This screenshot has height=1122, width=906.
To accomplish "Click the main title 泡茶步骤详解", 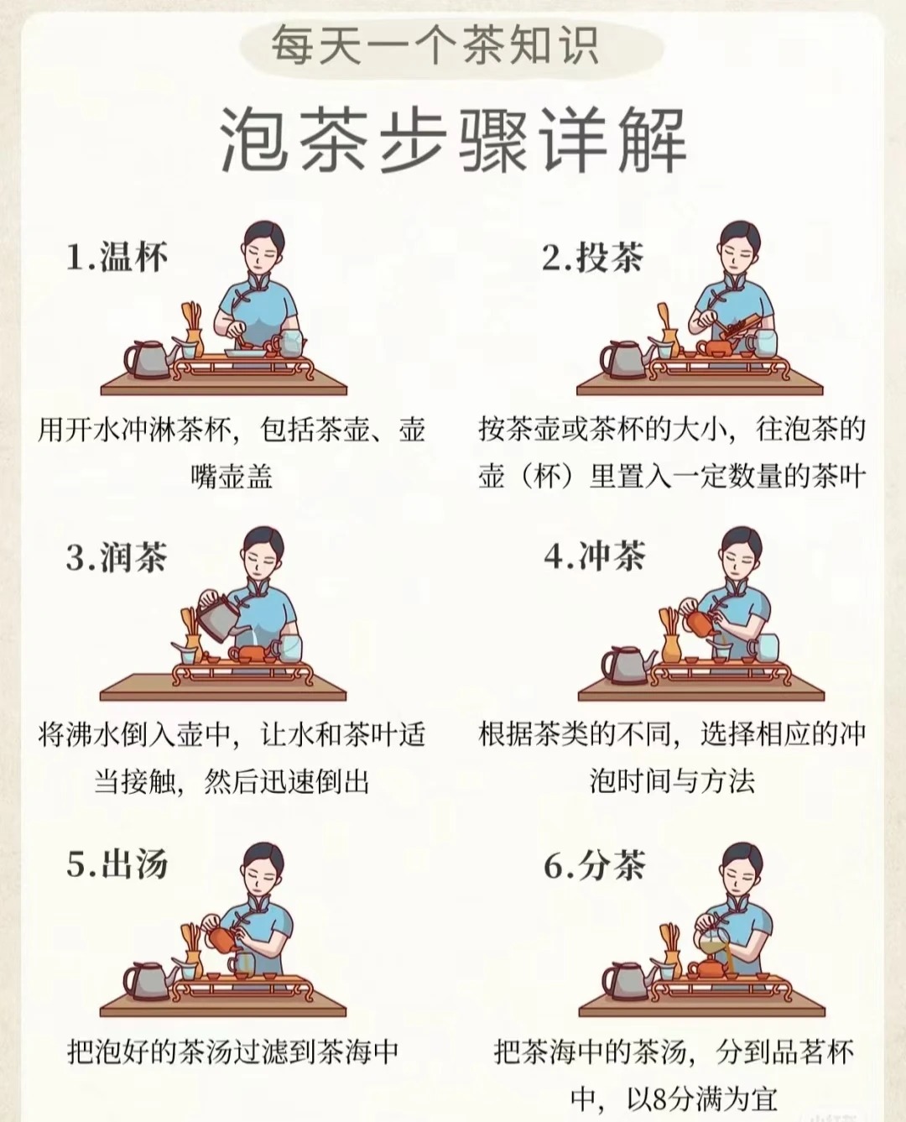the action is (453, 141).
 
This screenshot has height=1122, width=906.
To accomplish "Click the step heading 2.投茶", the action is (593, 258).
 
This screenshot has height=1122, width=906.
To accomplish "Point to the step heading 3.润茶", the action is (117, 557).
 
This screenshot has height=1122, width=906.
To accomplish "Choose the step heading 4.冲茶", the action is (595, 556).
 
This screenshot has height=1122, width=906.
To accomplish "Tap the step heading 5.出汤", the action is (117, 864).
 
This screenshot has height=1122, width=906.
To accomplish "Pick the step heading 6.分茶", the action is (595, 865).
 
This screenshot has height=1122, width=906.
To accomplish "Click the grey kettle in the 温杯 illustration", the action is (149, 359).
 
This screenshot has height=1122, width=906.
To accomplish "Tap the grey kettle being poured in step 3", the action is (217, 616).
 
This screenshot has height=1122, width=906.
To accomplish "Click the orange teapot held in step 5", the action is (221, 938).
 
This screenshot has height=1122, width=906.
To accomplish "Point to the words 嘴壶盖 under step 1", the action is (232, 476).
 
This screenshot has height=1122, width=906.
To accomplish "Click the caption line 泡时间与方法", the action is (672, 780).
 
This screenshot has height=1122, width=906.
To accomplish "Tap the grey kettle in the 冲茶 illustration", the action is (627, 665).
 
